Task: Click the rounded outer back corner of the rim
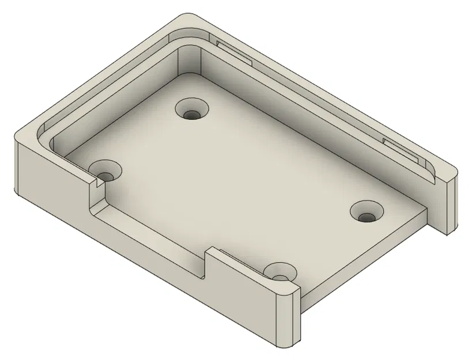[190, 18]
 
